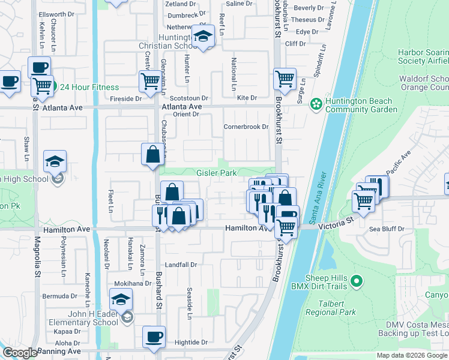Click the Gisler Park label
coord(216,173)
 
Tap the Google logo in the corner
coord(19,353)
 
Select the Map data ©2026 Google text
coord(412,355)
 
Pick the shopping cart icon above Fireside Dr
coord(149,80)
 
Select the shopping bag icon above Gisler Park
coord(153,154)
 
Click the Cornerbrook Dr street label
coord(246,127)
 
